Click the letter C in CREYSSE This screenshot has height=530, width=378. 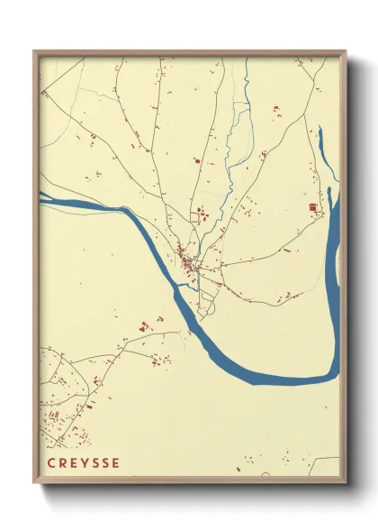click(50, 464)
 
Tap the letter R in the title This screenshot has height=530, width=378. click(62, 464)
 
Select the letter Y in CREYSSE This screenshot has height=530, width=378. click(86, 464)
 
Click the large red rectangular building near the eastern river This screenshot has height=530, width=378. click(313, 208)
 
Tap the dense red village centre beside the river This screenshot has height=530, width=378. click(188, 262)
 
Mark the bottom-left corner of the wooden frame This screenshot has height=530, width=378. click(34, 485)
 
